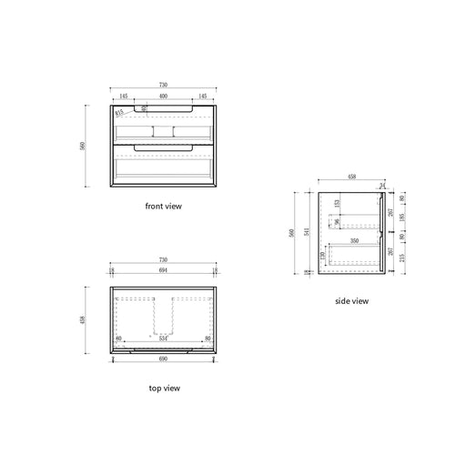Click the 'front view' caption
[x=164, y=207]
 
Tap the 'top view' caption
[x=164, y=389]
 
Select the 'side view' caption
[x=351, y=300]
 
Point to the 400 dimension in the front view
[x=164, y=96]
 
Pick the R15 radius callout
[x=120, y=113]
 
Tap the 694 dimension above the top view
[x=164, y=272]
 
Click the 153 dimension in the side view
[x=336, y=205]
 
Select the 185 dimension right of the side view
[x=403, y=219]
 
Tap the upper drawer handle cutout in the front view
[x=164, y=110]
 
